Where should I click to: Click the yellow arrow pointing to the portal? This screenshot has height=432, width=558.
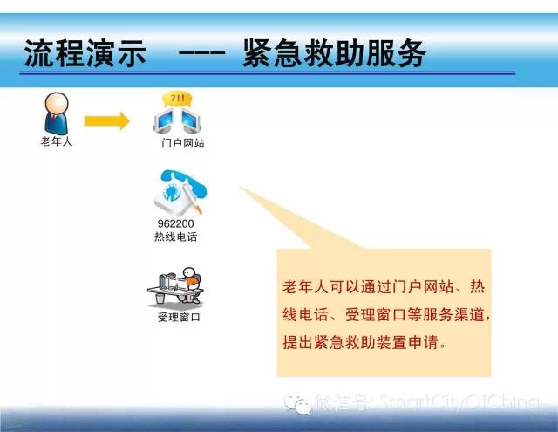[106, 121]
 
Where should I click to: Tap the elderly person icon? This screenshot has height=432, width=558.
[56, 113]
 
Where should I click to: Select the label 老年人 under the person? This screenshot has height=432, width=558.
[56, 141]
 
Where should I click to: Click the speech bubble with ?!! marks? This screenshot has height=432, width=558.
[177, 99]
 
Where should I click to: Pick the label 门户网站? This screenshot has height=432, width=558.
[183, 143]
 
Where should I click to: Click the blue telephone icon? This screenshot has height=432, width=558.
[180, 192]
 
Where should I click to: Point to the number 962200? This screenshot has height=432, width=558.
[176, 223]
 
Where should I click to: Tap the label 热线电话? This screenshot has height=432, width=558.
[176, 237]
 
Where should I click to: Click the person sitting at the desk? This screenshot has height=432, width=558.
[190, 285]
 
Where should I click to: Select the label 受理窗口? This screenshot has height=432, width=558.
[179, 317]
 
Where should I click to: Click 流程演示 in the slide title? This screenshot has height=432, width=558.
[85, 53]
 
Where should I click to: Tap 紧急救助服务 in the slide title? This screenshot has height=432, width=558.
[335, 53]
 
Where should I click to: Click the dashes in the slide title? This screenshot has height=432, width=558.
[201, 53]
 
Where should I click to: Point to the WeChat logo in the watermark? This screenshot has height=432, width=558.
[297, 404]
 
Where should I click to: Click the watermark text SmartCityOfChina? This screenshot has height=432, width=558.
[459, 402]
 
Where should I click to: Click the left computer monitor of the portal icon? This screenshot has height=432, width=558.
[164, 120]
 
